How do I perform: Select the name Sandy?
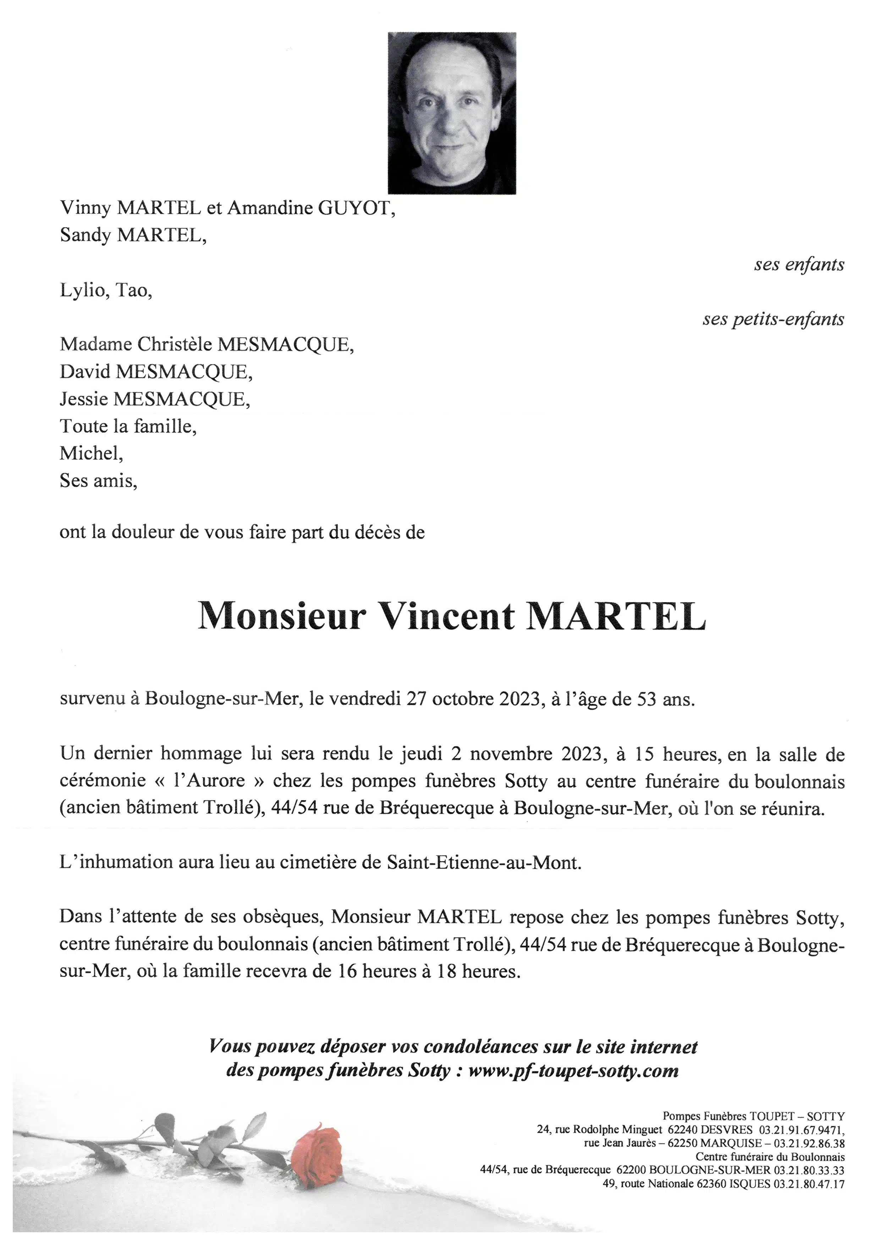point(86,236)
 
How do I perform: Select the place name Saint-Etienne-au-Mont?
point(483,863)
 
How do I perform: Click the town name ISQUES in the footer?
point(750,1184)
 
